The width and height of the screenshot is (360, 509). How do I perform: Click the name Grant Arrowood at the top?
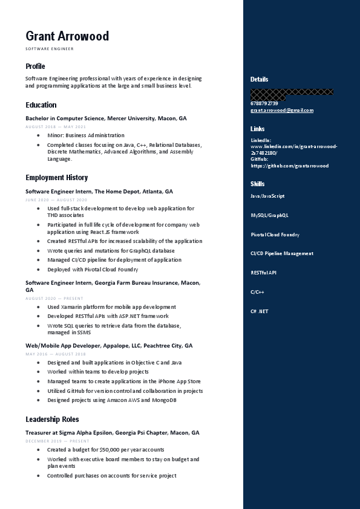tap(67, 36)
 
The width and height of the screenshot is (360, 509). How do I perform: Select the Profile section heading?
tap(35, 66)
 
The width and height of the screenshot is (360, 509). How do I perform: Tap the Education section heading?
tap(41, 105)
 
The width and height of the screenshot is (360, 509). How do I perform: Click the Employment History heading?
tap(56, 177)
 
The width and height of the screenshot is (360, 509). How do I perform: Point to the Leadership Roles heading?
tap(52, 419)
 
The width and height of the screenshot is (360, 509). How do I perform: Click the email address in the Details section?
tap(281, 110)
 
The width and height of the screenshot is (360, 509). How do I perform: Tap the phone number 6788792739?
tap(264, 103)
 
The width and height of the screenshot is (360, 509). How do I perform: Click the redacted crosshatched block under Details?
tap(292, 94)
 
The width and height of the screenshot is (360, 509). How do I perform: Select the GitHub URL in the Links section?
tap(289, 166)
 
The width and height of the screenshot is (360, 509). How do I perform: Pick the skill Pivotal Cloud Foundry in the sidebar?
tap(275, 235)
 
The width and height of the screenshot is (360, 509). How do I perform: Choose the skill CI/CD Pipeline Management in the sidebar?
tap(281, 254)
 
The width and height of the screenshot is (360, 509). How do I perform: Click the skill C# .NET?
tap(259, 311)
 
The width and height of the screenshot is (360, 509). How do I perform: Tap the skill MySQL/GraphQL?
tap(269, 215)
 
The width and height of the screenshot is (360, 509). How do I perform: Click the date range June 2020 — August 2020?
tap(56, 199)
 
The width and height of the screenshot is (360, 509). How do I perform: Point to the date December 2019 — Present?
tap(57, 441)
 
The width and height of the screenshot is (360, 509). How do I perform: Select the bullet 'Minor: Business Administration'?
tap(85, 135)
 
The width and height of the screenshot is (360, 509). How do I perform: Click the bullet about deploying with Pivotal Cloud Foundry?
tap(92, 270)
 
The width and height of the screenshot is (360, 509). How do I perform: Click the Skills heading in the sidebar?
tap(257, 184)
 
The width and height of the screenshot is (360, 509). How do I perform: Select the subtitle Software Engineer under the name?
tap(49, 48)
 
